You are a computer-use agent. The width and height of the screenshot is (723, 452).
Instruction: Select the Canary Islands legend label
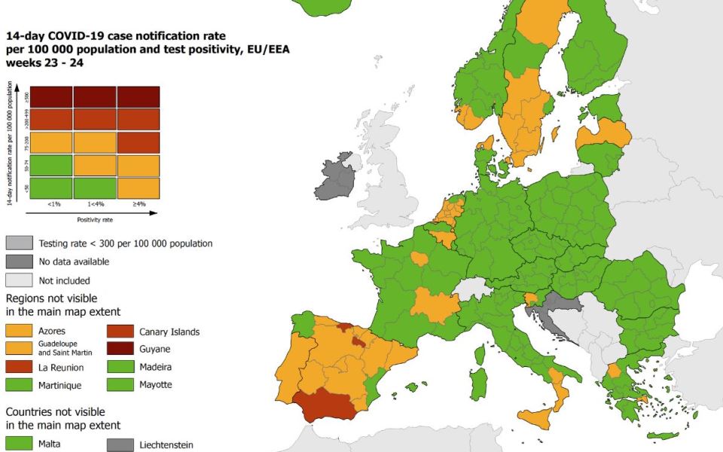[169, 331]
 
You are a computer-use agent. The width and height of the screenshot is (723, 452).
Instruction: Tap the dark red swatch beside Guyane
[120, 350]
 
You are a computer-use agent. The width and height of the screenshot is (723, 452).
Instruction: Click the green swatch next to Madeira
[120, 368]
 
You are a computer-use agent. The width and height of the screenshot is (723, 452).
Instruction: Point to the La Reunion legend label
[61, 368]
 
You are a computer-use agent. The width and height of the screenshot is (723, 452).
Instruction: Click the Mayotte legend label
[156, 385]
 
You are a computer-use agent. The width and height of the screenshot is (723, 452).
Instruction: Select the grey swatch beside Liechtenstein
[120, 444]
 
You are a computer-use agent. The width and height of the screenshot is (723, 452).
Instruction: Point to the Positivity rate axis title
[95, 220]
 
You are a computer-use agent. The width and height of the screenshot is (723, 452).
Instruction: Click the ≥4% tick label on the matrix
[138, 204]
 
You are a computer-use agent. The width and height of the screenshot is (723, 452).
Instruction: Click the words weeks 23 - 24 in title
[44, 63]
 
